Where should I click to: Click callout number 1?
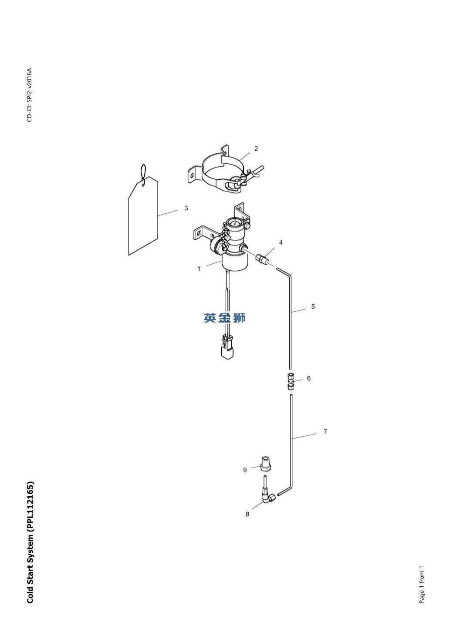click(199, 269)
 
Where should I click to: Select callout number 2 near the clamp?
click(256, 149)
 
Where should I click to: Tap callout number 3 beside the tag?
click(186, 209)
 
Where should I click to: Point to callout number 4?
click(281, 243)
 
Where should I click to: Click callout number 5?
click(313, 307)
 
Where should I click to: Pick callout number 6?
click(308, 378)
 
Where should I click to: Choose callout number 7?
click(325, 432)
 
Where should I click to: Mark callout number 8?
click(247, 514)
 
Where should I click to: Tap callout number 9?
click(245, 470)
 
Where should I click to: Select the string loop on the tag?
click(143, 172)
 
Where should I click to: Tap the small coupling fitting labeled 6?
click(290, 380)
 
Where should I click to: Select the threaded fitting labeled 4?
click(263, 259)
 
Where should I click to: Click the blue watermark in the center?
click(225, 318)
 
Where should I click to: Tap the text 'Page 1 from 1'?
click(421, 585)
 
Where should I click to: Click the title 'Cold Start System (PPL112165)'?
click(30, 542)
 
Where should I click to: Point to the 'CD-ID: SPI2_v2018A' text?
click(30, 95)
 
